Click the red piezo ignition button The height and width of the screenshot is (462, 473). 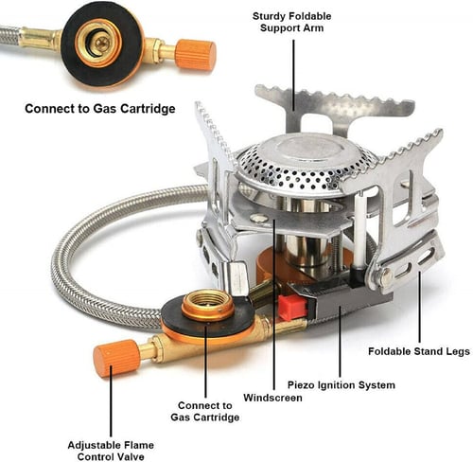(x=292, y=307)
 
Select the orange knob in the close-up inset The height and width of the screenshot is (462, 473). (x=196, y=55)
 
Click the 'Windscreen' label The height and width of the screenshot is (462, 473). (x=272, y=398)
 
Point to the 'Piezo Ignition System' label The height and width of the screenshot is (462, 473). (x=342, y=385)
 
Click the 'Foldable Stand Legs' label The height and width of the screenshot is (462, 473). (x=419, y=351)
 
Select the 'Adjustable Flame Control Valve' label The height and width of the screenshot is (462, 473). (x=111, y=451)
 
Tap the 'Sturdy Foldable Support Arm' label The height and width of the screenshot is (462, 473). (x=291, y=22)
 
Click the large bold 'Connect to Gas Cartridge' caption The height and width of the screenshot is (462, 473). (x=100, y=109)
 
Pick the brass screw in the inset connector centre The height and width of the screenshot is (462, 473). (x=102, y=43)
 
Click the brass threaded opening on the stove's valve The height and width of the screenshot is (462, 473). (x=208, y=303)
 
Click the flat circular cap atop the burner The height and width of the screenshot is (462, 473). (x=304, y=150)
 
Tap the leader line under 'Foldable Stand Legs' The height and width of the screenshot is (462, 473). (x=419, y=307)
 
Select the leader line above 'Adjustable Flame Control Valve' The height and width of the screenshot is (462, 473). (x=111, y=400)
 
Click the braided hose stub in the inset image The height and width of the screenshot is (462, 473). (x=10, y=36)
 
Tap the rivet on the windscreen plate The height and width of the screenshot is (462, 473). (x=258, y=218)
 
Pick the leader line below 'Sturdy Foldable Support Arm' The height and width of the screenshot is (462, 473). (x=293, y=75)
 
